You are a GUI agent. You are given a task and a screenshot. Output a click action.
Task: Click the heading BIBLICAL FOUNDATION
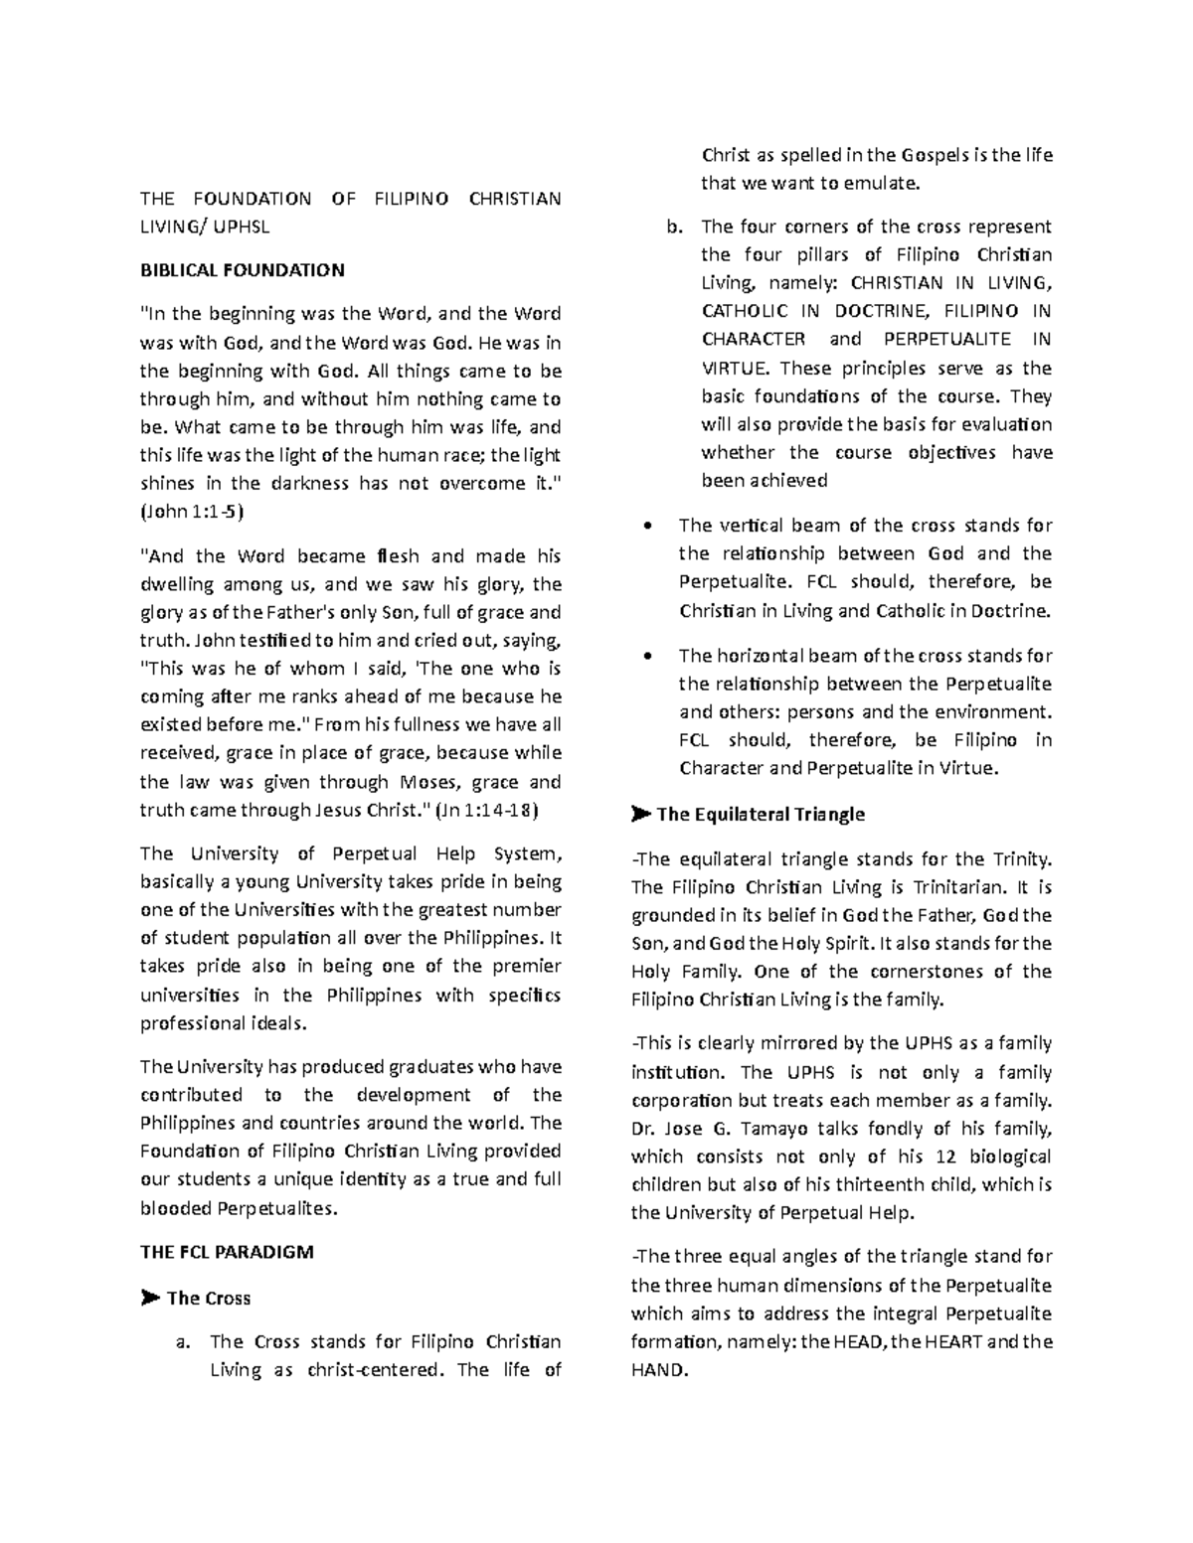click(242, 270)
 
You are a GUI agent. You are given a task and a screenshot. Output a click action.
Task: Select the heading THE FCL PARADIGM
click(227, 1252)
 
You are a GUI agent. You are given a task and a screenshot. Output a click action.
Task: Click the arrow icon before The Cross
click(149, 1298)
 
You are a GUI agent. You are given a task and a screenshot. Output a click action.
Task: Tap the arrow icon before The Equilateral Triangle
click(639, 815)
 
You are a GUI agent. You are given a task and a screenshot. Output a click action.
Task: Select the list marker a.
click(181, 1342)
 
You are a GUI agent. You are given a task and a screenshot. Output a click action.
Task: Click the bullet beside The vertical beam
click(649, 526)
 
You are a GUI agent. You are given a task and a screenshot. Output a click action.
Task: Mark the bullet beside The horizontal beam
click(649, 657)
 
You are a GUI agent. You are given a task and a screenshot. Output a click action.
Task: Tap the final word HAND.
click(657, 1370)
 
